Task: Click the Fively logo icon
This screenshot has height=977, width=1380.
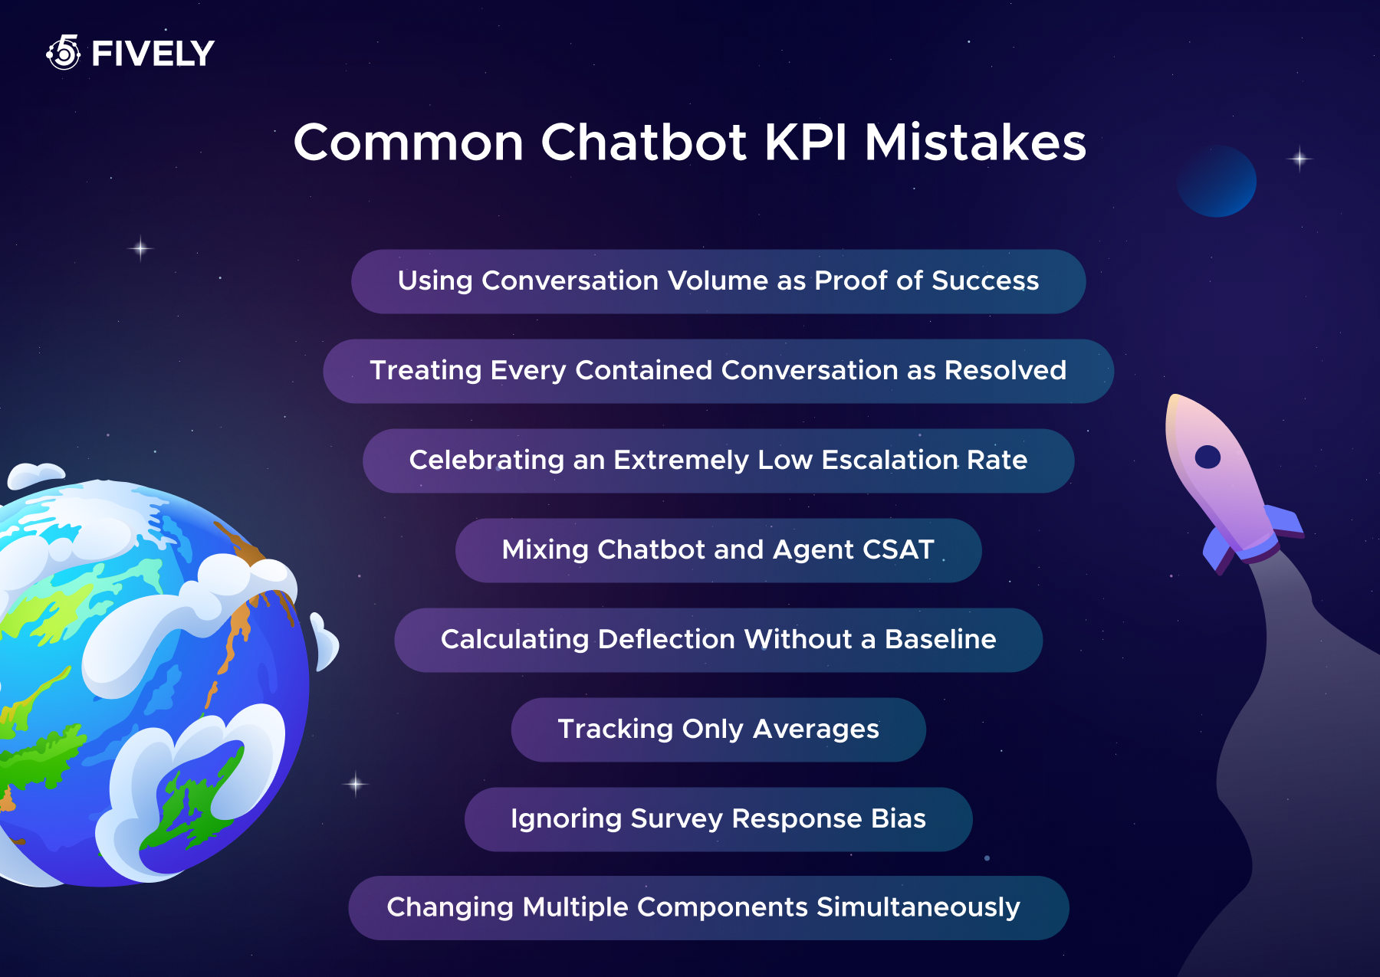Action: point(64,52)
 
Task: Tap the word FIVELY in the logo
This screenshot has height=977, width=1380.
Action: point(153,54)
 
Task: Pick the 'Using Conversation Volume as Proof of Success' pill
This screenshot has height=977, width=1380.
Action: point(718,281)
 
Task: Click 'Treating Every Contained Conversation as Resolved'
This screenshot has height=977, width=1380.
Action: point(718,371)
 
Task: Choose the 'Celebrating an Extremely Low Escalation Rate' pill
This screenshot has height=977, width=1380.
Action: point(718,461)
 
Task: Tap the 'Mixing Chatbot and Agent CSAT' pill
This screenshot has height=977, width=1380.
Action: point(718,550)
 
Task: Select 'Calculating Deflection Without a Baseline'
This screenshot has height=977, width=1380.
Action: point(718,640)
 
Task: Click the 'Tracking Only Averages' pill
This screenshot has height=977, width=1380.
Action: point(718,729)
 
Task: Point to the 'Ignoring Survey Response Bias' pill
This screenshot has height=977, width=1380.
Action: point(718,819)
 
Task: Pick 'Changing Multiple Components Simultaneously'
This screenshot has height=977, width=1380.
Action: point(708,908)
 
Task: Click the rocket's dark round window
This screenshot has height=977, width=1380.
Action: point(1207,457)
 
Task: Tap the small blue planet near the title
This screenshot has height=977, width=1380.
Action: point(1216,181)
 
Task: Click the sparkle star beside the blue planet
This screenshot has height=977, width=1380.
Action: point(1299,159)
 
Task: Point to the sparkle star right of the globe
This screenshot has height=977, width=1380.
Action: point(356,784)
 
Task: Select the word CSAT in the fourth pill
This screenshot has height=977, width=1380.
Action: point(899,549)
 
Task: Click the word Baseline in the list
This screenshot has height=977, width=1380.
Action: point(941,639)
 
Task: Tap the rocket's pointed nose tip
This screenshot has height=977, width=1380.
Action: point(1171,396)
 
